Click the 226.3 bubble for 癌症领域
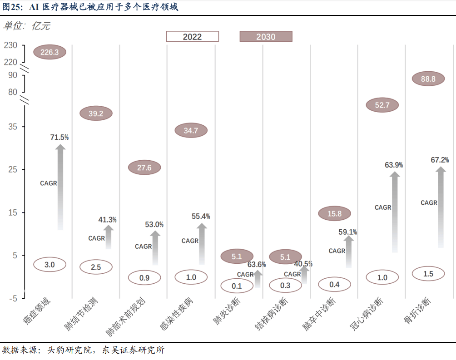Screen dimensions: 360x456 (x=50, y=52)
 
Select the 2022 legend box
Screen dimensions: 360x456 (x=192, y=37)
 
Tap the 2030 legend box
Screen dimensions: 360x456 (x=266, y=37)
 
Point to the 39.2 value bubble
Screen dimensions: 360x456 (x=96, y=113)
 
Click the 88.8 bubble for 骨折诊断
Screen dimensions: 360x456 (x=428, y=79)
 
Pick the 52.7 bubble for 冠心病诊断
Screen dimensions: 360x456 (x=382, y=105)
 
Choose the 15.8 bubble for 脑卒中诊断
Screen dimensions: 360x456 (x=334, y=214)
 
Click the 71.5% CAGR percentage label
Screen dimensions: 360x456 (x=59, y=137)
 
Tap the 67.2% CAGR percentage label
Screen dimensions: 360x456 (x=439, y=160)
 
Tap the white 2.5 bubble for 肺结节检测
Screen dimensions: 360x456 (x=96, y=267)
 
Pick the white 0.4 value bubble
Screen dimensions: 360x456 (x=334, y=285)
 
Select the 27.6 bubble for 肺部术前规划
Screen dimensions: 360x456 (x=144, y=168)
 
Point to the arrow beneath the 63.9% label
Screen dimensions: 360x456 (x=395, y=211)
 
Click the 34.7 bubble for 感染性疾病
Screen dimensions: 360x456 (x=191, y=131)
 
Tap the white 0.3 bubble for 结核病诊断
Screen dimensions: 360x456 (x=285, y=285)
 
